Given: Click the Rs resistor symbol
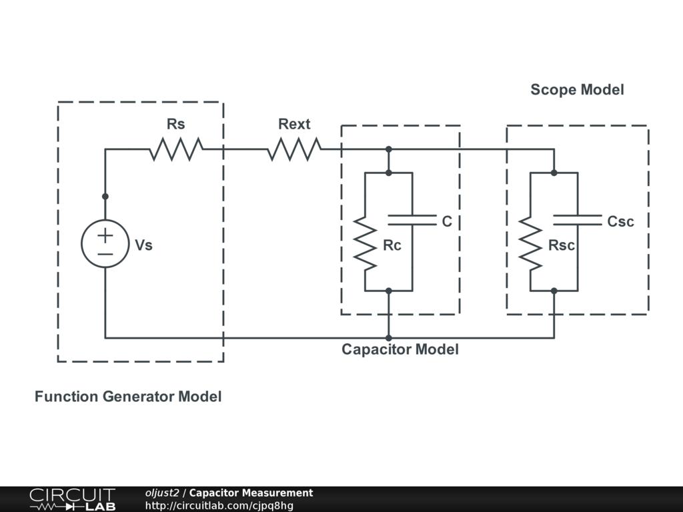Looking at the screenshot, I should [x=175, y=149].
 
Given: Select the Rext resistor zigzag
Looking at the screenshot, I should [x=294, y=149].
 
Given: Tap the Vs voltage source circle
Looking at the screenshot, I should [x=105, y=244].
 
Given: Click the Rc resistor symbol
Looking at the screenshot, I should [x=365, y=243].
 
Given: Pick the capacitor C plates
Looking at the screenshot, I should [x=412, y=220].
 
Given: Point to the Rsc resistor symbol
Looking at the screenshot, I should [x=530, y=243].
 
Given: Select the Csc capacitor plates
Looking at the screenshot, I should [x=578, y=220].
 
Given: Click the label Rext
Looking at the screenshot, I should [x=294, y=124].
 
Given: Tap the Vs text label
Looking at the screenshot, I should [x=143, y=245].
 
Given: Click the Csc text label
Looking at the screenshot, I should [x=620, y=221].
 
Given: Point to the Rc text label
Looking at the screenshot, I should [x=392, y=245].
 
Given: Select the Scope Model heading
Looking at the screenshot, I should [x=577, y=89].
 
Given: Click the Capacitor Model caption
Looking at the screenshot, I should [x=400, y=349].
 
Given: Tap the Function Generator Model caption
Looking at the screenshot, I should [x=128, y=397].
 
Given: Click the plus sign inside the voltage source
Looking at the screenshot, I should [x=105, y=235].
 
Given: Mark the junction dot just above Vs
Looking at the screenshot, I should [x=105, y=197].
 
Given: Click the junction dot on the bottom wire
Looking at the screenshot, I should [x=389, y=338].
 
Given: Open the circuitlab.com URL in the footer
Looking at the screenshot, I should [x=219, y=505].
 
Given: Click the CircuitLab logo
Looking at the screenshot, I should [x=71, y=499].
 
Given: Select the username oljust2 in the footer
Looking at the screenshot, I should [x=162, y=493].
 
